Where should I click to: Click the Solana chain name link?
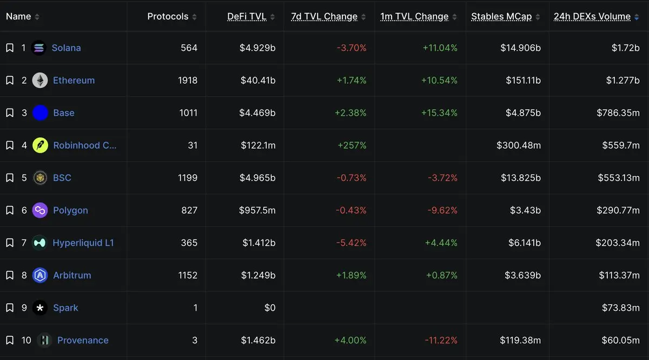click(x=66, y=48)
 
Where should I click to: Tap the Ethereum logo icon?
click(x=40, y=80)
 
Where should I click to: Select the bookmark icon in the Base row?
click(x=10, y=112)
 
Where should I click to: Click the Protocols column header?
click(x=168, y=17)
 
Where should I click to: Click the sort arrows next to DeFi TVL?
click(x=273, y=17)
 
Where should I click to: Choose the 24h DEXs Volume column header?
click(x=592, y=17)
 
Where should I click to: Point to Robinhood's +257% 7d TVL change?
click(x=352, y=145)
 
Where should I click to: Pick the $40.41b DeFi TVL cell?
click(x=258, y=80)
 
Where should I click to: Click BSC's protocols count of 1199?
click(x=188, y=177)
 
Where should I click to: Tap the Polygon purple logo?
click(x=40, y=210)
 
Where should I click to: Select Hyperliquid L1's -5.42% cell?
click(x=351, y=243)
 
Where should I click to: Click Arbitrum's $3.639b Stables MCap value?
click(x=522, y=275)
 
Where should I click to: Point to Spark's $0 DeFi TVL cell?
click(x=270, y=308)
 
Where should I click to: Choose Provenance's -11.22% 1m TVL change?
click(x=441, y=340)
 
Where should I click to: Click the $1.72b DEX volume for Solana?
click(x=626, y=48)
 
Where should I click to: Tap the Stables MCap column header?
click(x=501, y=17)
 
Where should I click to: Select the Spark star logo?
click(x=40, y=308)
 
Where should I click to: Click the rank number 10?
click(x=26, y=340)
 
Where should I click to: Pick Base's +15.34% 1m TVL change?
click(x=439, y=112)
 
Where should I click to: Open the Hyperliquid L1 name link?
click(x=83, y=243)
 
